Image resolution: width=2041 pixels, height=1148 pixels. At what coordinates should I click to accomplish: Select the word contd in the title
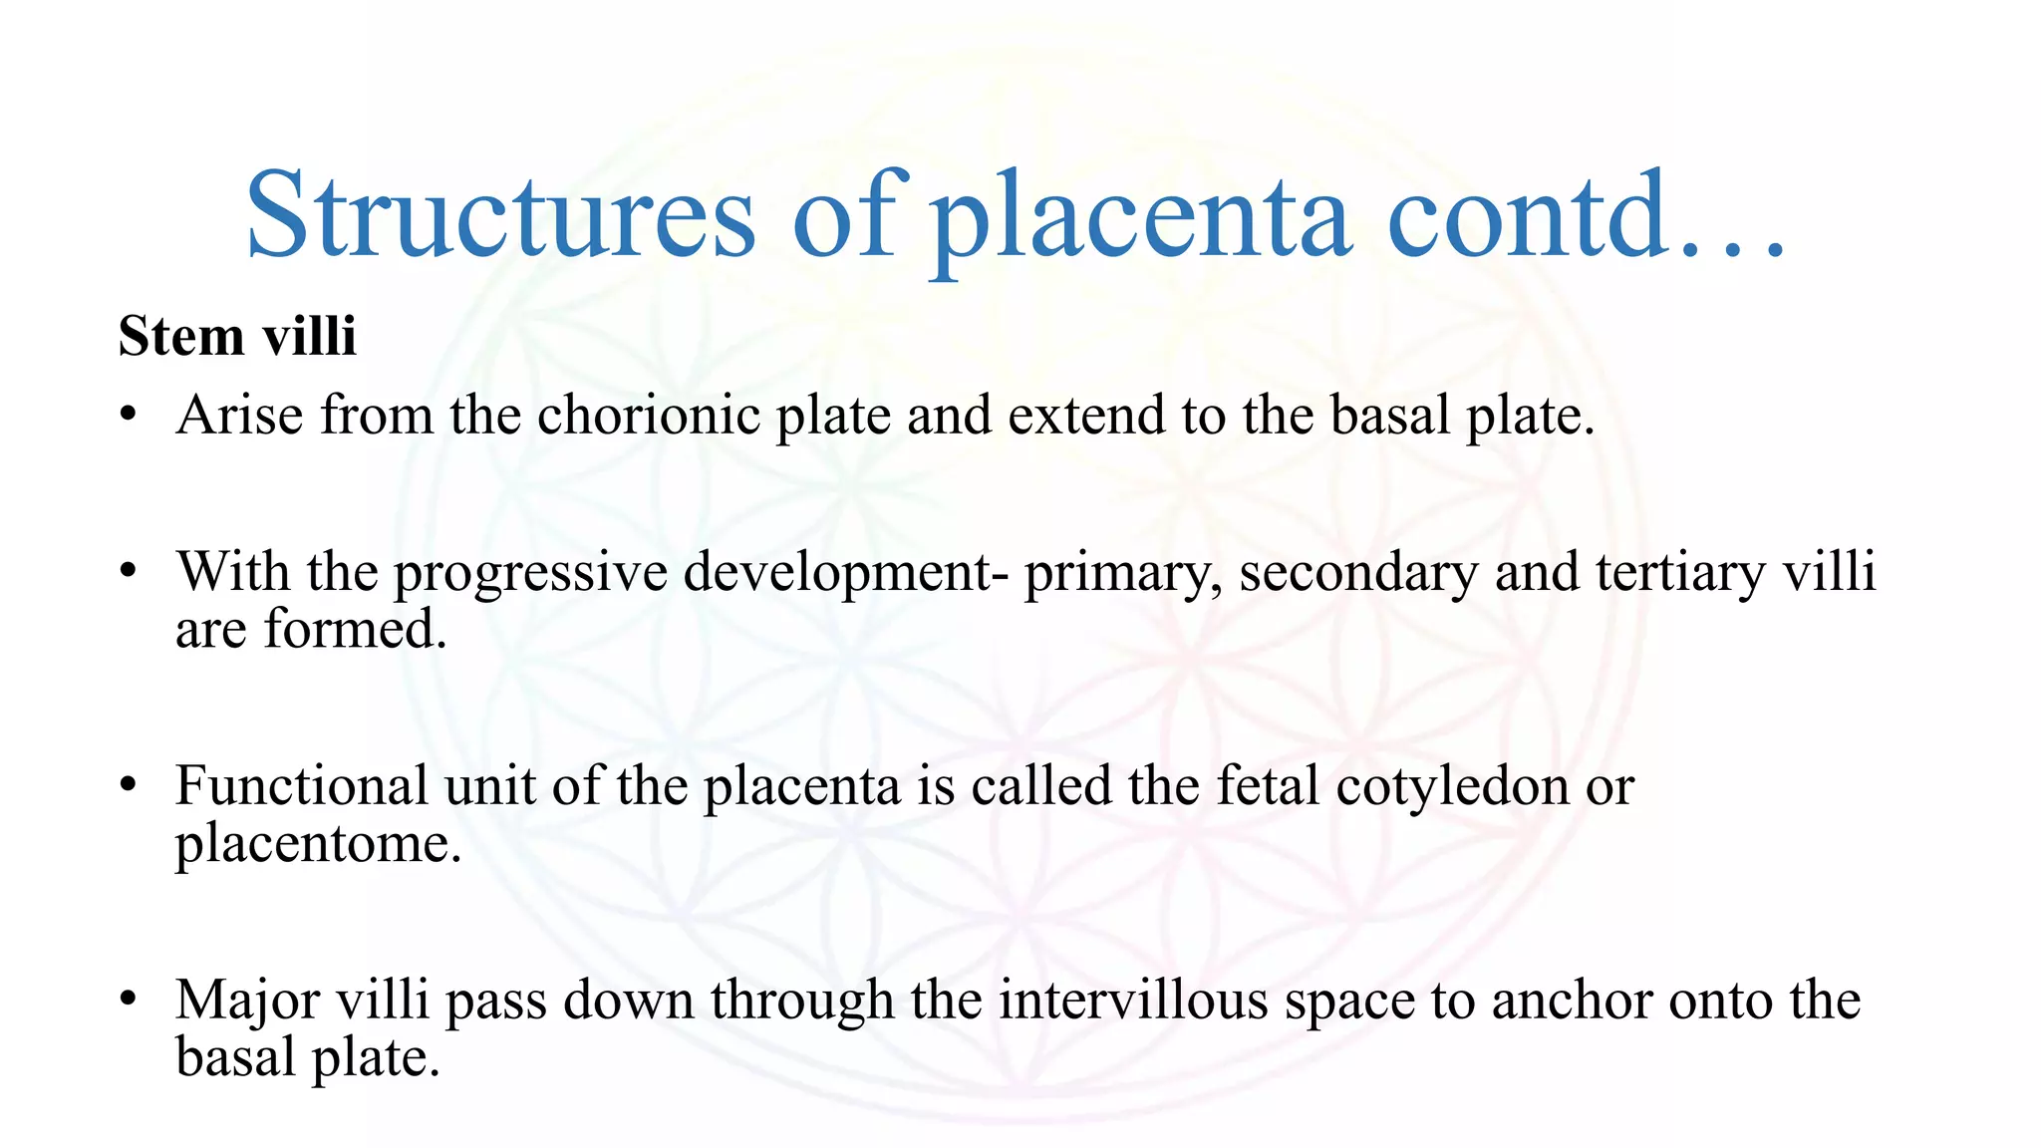tap(1526, 216)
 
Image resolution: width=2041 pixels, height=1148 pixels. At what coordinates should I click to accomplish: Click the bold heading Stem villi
tap(237, 336)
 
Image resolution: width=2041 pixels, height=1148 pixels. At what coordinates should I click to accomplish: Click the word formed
tap(355, 630)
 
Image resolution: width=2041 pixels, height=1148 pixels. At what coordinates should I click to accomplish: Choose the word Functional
tap(302, 786)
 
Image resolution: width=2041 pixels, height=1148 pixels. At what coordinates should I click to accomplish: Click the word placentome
tap(318, 844)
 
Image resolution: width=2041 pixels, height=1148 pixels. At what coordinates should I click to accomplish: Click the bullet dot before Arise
tap(127, 416)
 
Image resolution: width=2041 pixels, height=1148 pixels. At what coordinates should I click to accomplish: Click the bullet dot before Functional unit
tap(127, 786)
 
